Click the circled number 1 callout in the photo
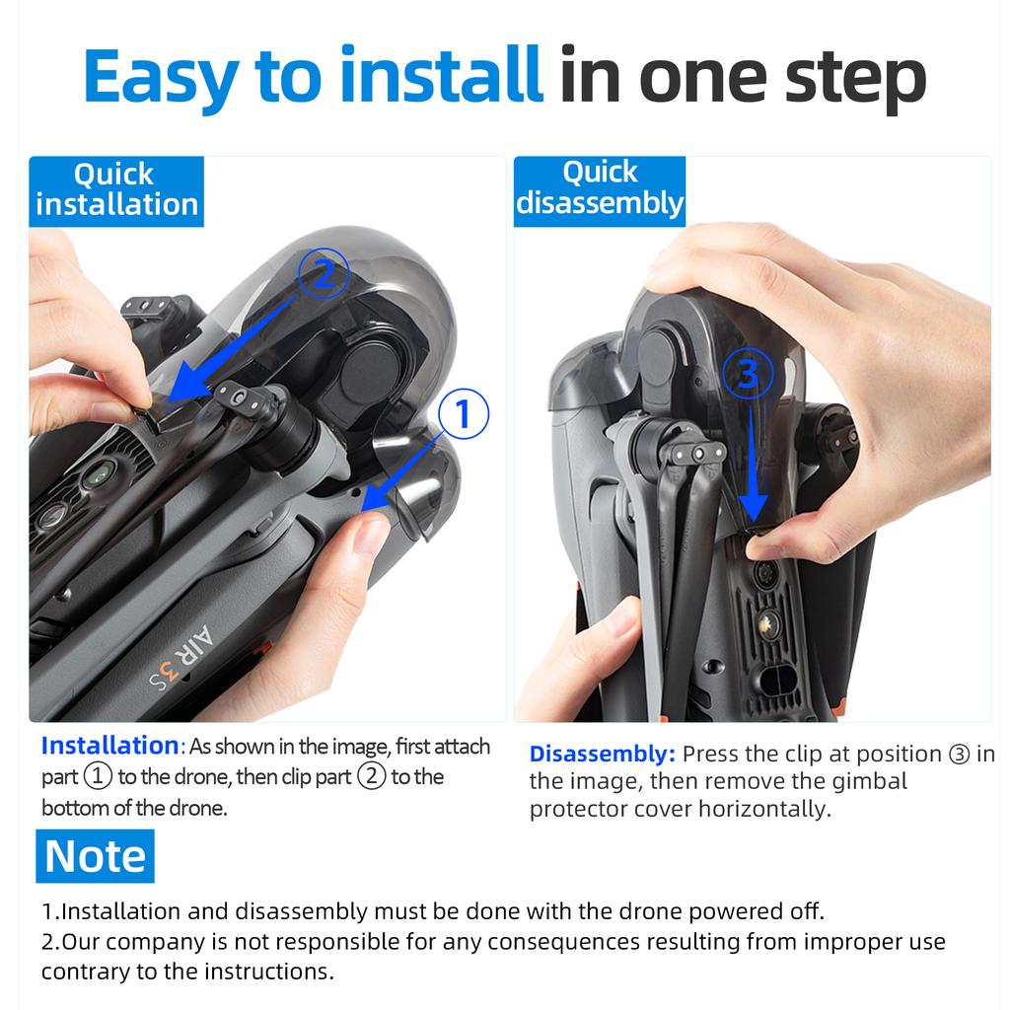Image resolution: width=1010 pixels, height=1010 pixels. [464, 413]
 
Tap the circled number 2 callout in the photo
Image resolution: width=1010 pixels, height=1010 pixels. [324, 273]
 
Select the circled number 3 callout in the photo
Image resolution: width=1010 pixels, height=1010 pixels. [748, 374]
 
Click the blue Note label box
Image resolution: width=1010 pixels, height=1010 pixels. [96, 856]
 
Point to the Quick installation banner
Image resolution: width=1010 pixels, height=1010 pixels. [116, 190]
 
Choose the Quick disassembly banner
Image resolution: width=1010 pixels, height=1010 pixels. [599, 190]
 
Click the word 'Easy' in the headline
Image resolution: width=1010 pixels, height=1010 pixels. [161, 77]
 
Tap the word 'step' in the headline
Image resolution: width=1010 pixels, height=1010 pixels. [855, 80]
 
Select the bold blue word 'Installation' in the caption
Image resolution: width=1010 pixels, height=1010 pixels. [110, 746]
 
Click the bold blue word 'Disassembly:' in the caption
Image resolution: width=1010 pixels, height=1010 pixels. [603, 755]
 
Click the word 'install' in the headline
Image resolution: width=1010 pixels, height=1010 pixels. [441, 75]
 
